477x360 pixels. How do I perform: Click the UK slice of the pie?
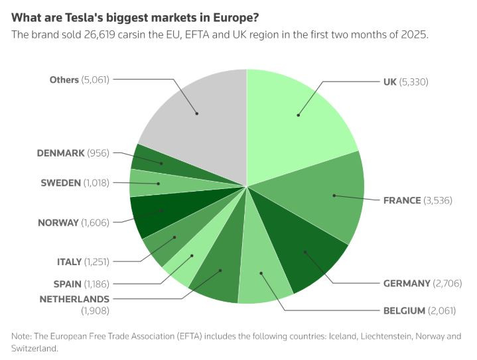pos(299,116)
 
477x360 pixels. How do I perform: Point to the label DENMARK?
pos(61,152)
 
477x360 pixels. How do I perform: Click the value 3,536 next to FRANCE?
pos(438,200)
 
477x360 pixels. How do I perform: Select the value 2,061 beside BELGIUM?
pos(443,310)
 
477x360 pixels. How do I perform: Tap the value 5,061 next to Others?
pos(96,80)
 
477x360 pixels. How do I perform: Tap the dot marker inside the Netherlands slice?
pos(220,270)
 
